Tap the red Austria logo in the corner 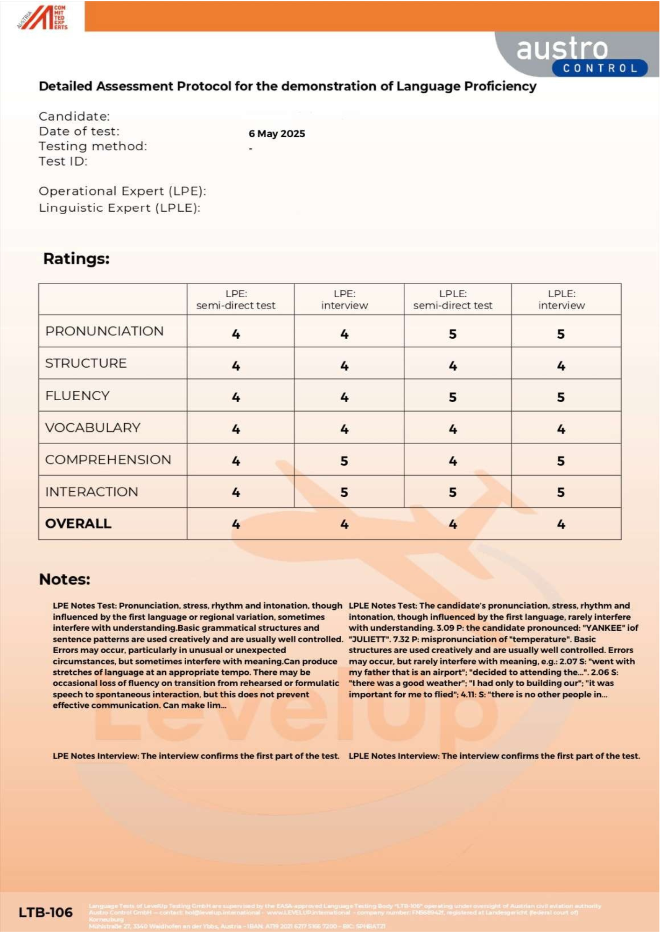point(42,18)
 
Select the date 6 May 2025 point(277,134)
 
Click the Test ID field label point(63,161)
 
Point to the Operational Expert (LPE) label point(122,191)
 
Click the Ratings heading point(76,259)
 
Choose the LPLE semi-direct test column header point(452,299)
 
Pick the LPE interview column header point(344,299)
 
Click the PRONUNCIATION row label point(105,331)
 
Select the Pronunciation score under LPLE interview point(561,334)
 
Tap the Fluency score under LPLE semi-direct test point(452,397)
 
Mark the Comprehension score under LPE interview point(344,461)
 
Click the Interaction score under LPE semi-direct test point(236,493)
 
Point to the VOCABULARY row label point(93,428)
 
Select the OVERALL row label point(78,524)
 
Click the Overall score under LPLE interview point(561,524)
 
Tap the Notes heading point(64,579)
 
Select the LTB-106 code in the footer point(46,912)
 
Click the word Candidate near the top point(74,117)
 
